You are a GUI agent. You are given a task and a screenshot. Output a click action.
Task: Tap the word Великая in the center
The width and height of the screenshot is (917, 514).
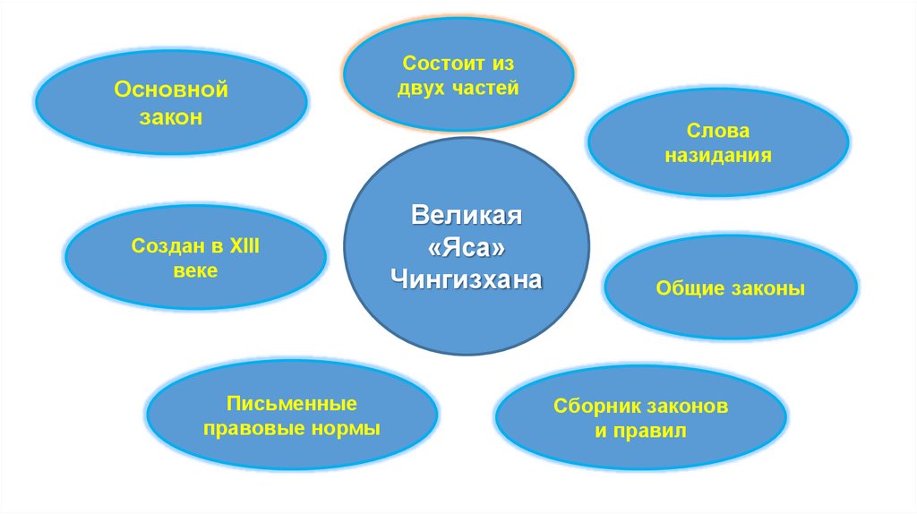click(466, 218)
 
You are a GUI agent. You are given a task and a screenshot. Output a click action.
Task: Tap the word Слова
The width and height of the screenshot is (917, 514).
click(718, 131)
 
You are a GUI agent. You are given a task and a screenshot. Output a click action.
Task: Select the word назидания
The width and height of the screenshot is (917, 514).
click(718, 155)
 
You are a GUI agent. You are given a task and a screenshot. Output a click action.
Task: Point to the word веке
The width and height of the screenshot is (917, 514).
click(195, 270)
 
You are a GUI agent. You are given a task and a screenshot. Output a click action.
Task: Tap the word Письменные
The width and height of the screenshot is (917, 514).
click(292, 403)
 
